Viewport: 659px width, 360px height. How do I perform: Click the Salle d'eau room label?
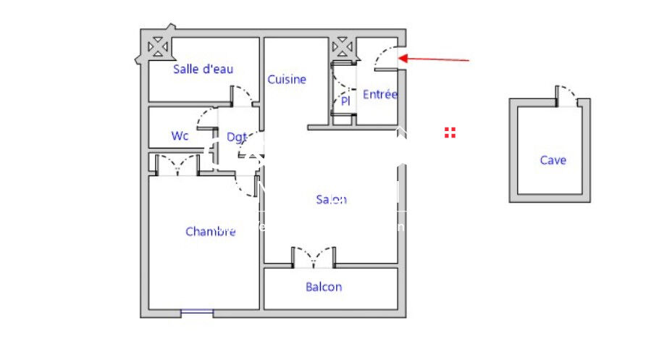click(203, 70)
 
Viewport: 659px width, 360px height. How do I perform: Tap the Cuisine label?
click(287, 80)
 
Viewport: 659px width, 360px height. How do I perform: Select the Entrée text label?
click(380, 94)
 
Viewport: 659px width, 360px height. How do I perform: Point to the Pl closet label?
click(345, 101)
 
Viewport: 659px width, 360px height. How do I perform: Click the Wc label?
click(180, 135)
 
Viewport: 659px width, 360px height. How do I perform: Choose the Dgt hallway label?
click(236, 136)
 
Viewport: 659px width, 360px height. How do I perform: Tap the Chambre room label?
click(210, 232)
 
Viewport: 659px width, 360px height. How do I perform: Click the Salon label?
click(331, 200)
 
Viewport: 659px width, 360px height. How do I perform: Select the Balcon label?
click(324, 287)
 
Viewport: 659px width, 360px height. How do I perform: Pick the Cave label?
click(553, 160)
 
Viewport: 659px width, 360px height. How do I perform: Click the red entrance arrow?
click(435, 59)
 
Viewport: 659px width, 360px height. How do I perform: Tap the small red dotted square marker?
click(450, 132)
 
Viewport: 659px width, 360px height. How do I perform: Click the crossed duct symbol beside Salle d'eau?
click(157, 48)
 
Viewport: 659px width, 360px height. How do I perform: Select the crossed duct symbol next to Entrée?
click(341, 48)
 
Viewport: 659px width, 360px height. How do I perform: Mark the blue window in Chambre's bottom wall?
click(197, 312)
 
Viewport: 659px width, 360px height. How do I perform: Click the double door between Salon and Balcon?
click(314, 256)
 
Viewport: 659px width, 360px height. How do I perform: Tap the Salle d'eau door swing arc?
click(242, 96)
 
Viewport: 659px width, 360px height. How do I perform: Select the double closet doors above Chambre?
click(178, 165)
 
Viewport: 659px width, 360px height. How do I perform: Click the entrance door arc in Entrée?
click(385, 59)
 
